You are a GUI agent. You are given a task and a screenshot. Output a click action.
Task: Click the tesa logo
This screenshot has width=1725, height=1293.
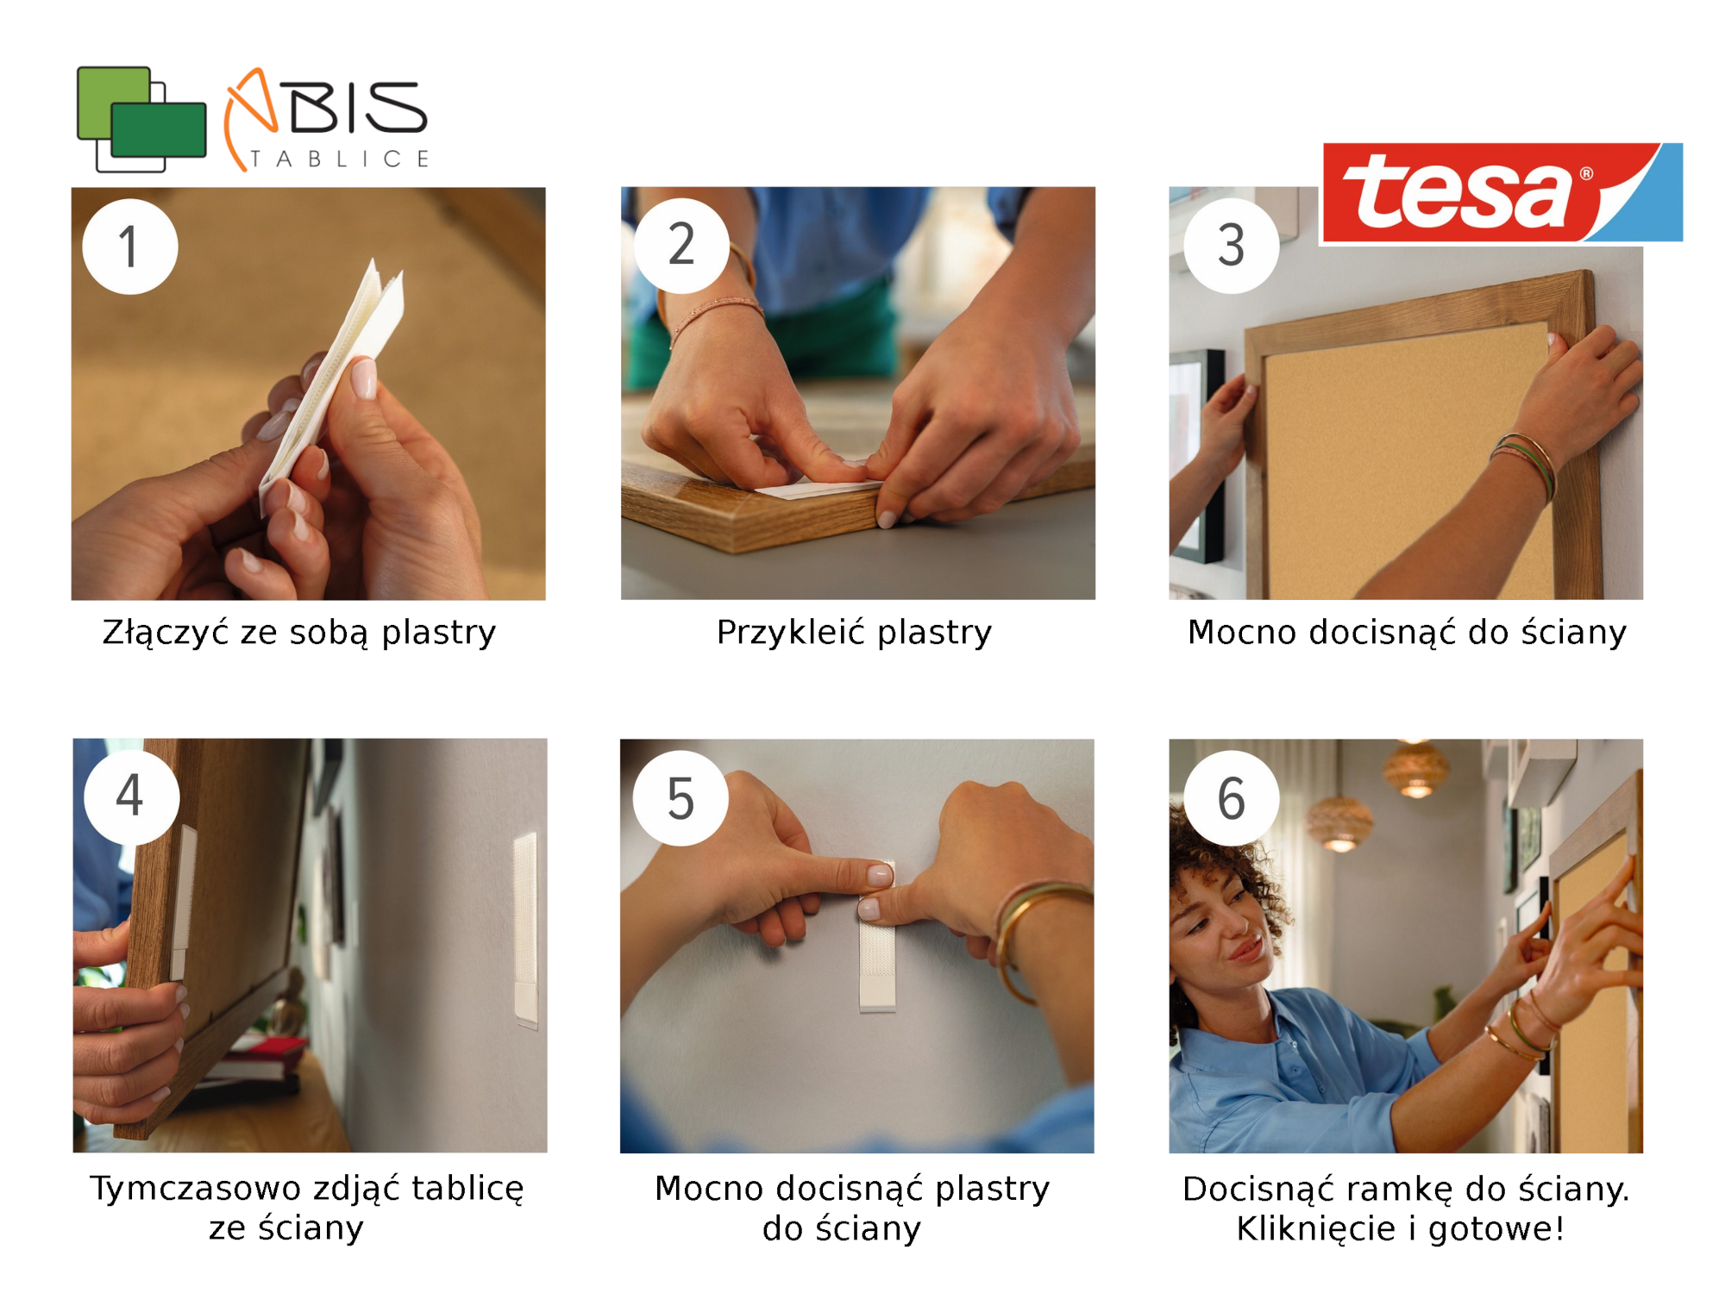pos(1502,193)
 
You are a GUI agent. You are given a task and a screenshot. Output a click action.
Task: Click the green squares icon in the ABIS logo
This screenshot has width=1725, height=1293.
pos(141,119)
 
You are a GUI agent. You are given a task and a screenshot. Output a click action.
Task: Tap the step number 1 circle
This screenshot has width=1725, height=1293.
pos(130,247)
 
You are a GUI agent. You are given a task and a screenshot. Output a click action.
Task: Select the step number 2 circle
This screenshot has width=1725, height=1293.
pos(681,246)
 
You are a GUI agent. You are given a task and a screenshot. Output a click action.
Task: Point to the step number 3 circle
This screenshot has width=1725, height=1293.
pos(1231,246)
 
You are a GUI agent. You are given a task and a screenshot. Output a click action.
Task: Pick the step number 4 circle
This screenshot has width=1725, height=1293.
pos(131,796)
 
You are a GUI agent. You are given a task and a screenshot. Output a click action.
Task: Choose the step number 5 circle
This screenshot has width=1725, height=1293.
pos(681,797)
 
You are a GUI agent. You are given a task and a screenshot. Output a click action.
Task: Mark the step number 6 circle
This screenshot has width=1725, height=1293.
pos(1231,797)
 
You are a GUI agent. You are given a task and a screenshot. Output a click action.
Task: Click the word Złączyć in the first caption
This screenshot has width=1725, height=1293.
pos(166,633)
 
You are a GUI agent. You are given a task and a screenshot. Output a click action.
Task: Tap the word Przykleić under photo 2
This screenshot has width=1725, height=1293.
pos(791,632)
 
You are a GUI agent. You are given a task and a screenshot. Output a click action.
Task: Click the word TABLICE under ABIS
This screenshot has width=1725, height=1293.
pos(340,159)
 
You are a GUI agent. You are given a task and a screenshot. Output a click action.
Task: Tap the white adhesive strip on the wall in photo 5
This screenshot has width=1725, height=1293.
pos(877,937)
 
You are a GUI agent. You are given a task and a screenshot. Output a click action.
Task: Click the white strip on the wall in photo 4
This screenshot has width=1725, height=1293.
pos(525,929)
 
